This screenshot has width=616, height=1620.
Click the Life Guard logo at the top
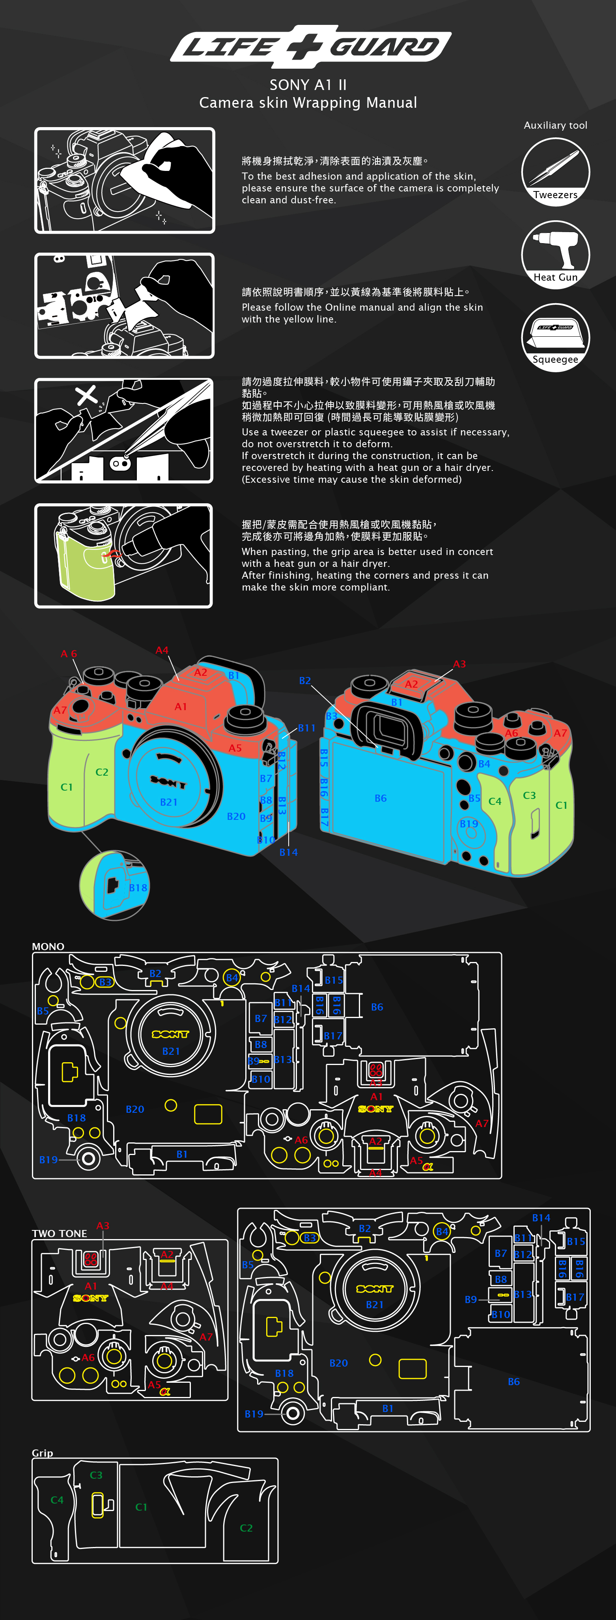coord(310,46)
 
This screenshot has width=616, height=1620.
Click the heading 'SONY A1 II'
coord(308,85)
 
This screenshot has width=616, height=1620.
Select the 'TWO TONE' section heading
coord(60,1233)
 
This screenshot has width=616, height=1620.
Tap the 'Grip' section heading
coord(43,1453)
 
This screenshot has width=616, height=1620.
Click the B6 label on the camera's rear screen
coord(380,798)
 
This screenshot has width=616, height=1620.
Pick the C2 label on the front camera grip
coord(102,772)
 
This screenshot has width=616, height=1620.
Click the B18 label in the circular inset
coord(138,888)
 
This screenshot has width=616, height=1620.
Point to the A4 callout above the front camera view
coord(162,650)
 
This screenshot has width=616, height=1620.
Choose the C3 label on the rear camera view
coord(529,795)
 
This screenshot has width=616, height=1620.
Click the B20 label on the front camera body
coord(236,816)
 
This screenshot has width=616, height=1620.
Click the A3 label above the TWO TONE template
coord(103,1226)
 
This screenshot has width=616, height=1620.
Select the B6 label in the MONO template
coord(377,1007)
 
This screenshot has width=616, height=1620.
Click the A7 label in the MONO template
coord(482,1123)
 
